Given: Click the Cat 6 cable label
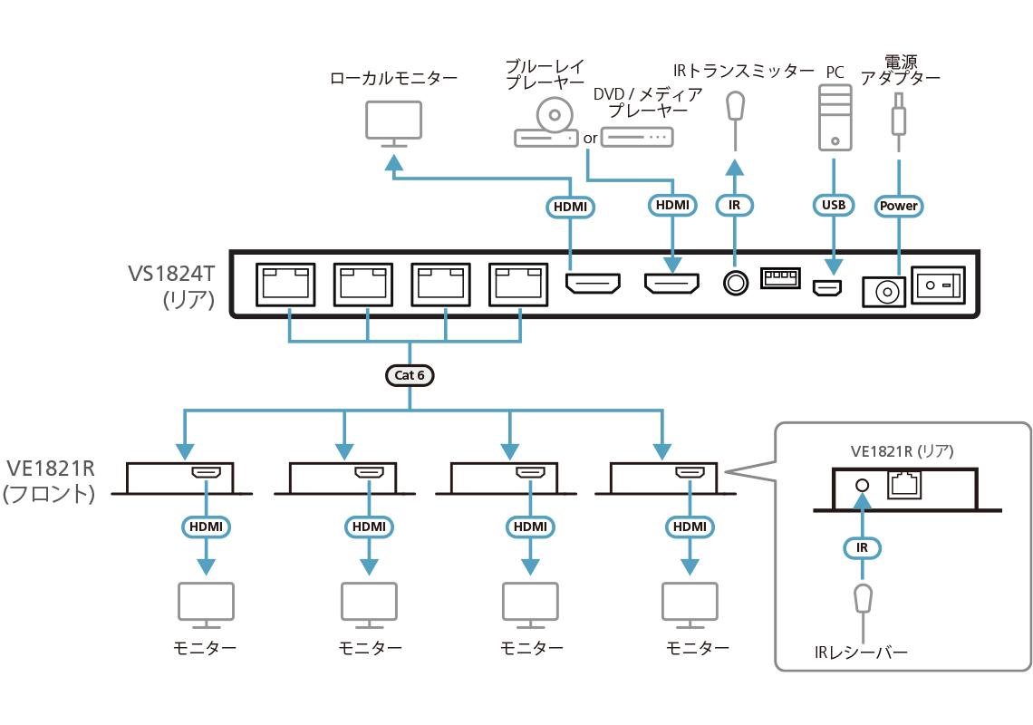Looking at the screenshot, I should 410,374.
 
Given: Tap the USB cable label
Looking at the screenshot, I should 833,206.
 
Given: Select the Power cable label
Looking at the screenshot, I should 899,206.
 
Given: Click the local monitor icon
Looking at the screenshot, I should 394,123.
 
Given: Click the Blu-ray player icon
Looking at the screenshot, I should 546,124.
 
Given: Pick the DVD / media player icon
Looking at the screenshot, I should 637,137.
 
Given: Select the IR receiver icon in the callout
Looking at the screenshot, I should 863,600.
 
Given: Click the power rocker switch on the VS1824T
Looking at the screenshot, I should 937,286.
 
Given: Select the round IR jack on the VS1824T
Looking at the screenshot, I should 735,284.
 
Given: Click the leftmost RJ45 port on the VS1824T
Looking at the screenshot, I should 285,285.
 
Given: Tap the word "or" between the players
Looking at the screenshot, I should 590,139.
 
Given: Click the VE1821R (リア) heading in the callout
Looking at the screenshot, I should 902,450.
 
